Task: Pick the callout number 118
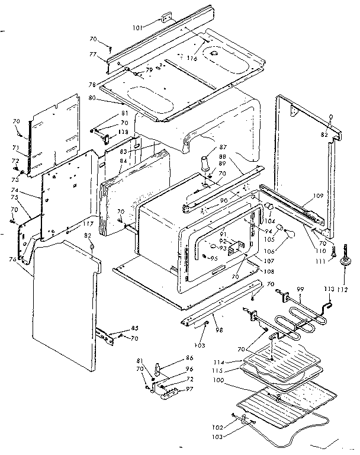123,131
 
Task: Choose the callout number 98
219,329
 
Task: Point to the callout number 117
88,223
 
